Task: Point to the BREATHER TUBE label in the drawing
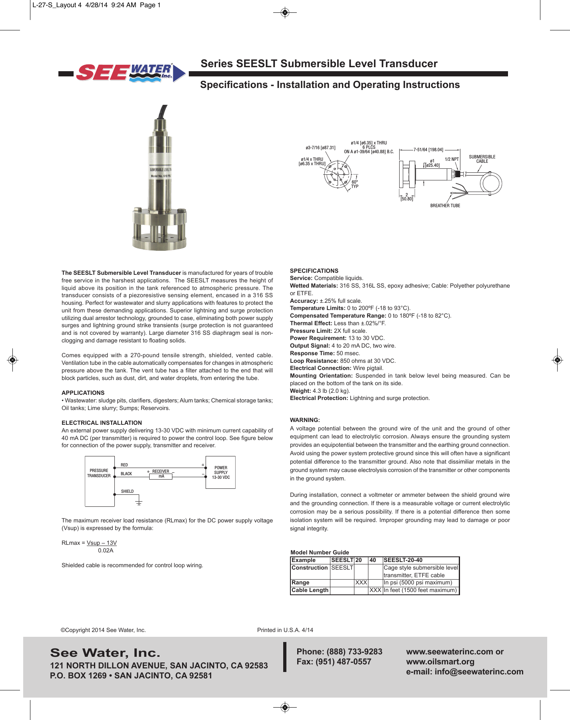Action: [445, 206]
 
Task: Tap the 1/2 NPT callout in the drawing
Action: [452, 159]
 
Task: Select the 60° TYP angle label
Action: [355, 184]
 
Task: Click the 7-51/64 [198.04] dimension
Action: [428, 150]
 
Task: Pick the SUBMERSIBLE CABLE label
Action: [482, 159]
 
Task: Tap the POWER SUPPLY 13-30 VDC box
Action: [220, 472]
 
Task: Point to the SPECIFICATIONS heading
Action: [314, 271]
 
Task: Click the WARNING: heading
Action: [305, 420]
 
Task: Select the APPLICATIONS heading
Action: [83, 393]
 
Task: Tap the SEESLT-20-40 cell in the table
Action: [403, 560]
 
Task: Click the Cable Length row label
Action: [310, 590]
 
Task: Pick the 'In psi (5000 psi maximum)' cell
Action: [418, 582]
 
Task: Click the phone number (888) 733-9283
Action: [354, 652]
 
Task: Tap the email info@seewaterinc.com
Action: [479, 672]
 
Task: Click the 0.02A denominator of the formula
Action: [106, 550]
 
